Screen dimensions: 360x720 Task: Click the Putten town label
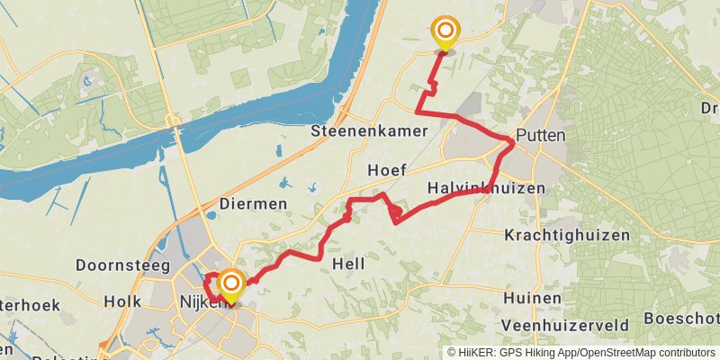click(x=543, y=136)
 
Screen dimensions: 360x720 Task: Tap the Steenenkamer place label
click(x=369, y=131)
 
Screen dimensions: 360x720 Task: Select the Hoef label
click(x=387, y=170)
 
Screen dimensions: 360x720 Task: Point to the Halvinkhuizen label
click(x=485, y=187)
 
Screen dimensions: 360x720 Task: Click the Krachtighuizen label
click(x=554, y=235)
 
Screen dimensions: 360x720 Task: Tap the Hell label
click(x=348, y=265)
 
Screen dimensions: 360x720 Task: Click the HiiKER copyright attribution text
click(x=581, y=353)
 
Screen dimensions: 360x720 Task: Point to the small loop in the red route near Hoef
click(x=395, y=212)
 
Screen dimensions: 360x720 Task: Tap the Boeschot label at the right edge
click(x=681, y=319)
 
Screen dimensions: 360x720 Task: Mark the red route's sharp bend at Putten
click(x=512, y=142)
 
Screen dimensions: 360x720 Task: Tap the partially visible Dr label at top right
click(x=709, y=108)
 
